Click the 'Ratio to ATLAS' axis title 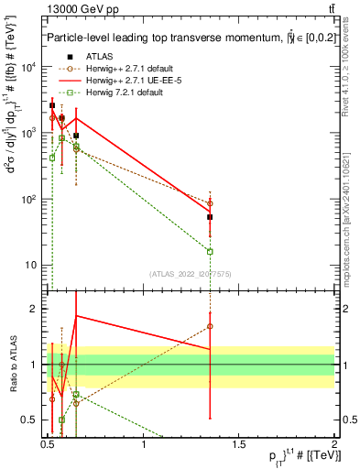[x=12, y=365]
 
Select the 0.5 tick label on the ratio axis [x=32, y=420]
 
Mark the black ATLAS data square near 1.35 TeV [x=211, y=217]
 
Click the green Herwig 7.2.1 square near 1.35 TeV [x=211, y=251]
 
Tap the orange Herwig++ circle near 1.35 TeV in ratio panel [x=211, y=326]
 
